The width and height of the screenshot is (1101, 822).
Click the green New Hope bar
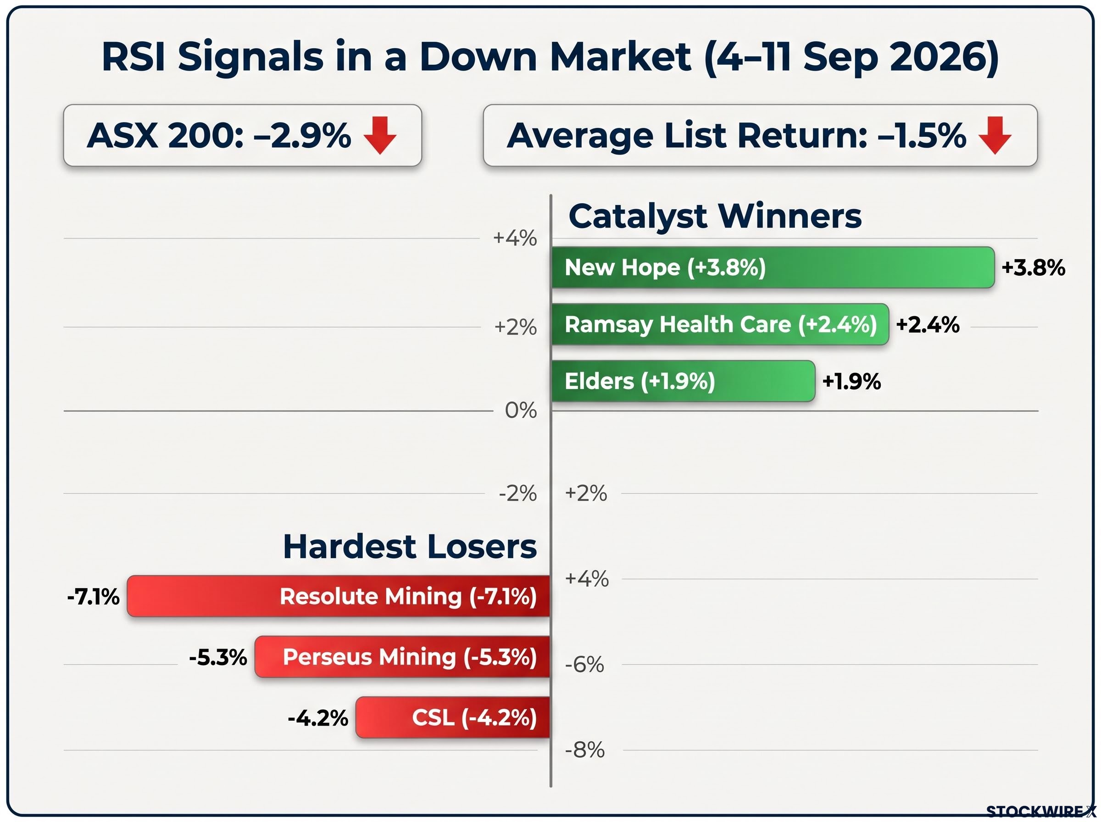point(773,267)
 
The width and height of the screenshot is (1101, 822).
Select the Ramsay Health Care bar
point(720,324)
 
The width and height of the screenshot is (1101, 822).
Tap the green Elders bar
point(683,381)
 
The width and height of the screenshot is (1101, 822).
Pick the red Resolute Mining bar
point(338,596)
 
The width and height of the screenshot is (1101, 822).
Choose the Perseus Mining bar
point(402,657)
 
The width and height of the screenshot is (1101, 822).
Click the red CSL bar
point(453,717)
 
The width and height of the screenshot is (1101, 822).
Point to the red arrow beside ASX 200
point(380,135)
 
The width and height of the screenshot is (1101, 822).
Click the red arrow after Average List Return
point(995,135)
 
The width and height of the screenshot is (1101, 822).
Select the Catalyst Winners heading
point(715,216)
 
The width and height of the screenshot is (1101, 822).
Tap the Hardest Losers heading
point(410,546)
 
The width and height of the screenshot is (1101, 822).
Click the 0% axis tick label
point(521,411)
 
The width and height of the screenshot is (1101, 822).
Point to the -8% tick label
point(584,750)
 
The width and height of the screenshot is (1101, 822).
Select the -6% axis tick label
point(584,664)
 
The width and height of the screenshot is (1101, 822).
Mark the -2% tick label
point(518,493)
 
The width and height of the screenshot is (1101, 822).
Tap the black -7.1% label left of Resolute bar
point(93,597)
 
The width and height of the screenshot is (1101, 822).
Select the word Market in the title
point(620,56)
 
